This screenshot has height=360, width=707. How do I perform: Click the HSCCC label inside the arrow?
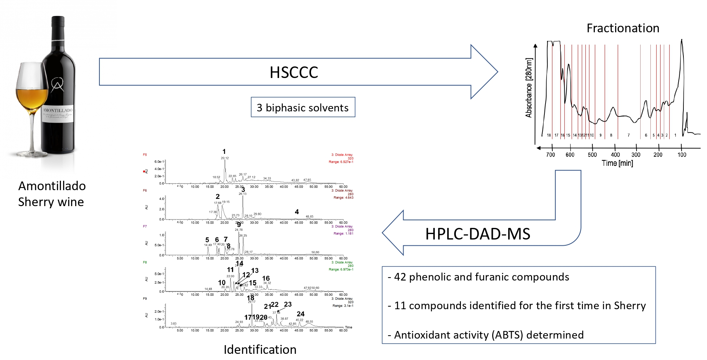(x=294, y=72)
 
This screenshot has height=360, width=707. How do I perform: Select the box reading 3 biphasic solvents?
(x=303, y=107)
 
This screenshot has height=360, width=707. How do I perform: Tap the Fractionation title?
(x=623, y=28)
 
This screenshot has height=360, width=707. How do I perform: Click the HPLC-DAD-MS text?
(x=478, y=234)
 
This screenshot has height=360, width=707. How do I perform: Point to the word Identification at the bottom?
(x=260, y=349)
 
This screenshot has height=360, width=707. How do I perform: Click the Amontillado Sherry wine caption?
(x=52, y=194)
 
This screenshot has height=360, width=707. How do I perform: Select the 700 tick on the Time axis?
(x=551, y=155)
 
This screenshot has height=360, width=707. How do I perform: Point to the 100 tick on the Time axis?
(x=682, y=155)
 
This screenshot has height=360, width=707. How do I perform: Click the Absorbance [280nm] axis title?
(x=529, y=88)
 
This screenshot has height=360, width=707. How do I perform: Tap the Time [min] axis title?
(x=617, y=163)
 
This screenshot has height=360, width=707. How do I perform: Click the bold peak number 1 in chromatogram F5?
(x=224, y=152)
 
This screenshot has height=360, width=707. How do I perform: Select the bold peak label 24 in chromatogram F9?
(x=301, y=314)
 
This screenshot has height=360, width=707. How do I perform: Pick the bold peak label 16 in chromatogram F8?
(x=266, y=278)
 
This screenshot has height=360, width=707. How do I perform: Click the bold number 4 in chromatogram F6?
(x=297, y=212)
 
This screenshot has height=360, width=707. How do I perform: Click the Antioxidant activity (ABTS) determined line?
(x=489, y=335)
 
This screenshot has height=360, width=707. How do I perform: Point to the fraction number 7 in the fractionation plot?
(x=629, y=135)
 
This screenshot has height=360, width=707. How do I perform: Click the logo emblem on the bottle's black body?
(x=57, y=85)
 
